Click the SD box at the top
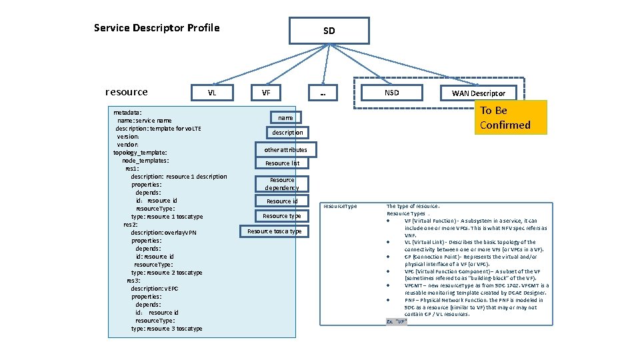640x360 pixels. coord(329,31)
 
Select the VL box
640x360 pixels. coord(212,93)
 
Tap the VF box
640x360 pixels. coord(266,93)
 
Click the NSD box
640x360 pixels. coord(392,93)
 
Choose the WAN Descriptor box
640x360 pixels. coord(479,93)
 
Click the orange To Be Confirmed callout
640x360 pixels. coord(510,117)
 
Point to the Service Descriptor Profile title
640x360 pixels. coord(157,28)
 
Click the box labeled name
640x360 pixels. coord(285,117)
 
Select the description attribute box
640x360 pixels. coord(287,133)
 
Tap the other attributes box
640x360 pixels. coord(285,150)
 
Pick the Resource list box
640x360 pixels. coord(282,163)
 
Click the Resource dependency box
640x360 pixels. coord(282,184)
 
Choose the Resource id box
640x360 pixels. coord(282,201)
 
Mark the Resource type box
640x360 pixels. coord(282,216)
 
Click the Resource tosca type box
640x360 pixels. coord(275,231)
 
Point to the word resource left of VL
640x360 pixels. coord(127,92)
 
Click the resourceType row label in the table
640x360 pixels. coord(340,206)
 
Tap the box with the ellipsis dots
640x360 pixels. coord(324,93)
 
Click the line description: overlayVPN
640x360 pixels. coord(163,233)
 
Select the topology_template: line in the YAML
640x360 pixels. coord(140,153)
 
